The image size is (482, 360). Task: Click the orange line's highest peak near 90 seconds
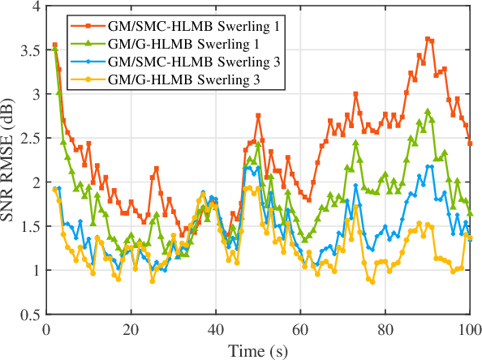(428, 38)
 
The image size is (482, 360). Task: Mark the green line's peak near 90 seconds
(428, 111)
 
